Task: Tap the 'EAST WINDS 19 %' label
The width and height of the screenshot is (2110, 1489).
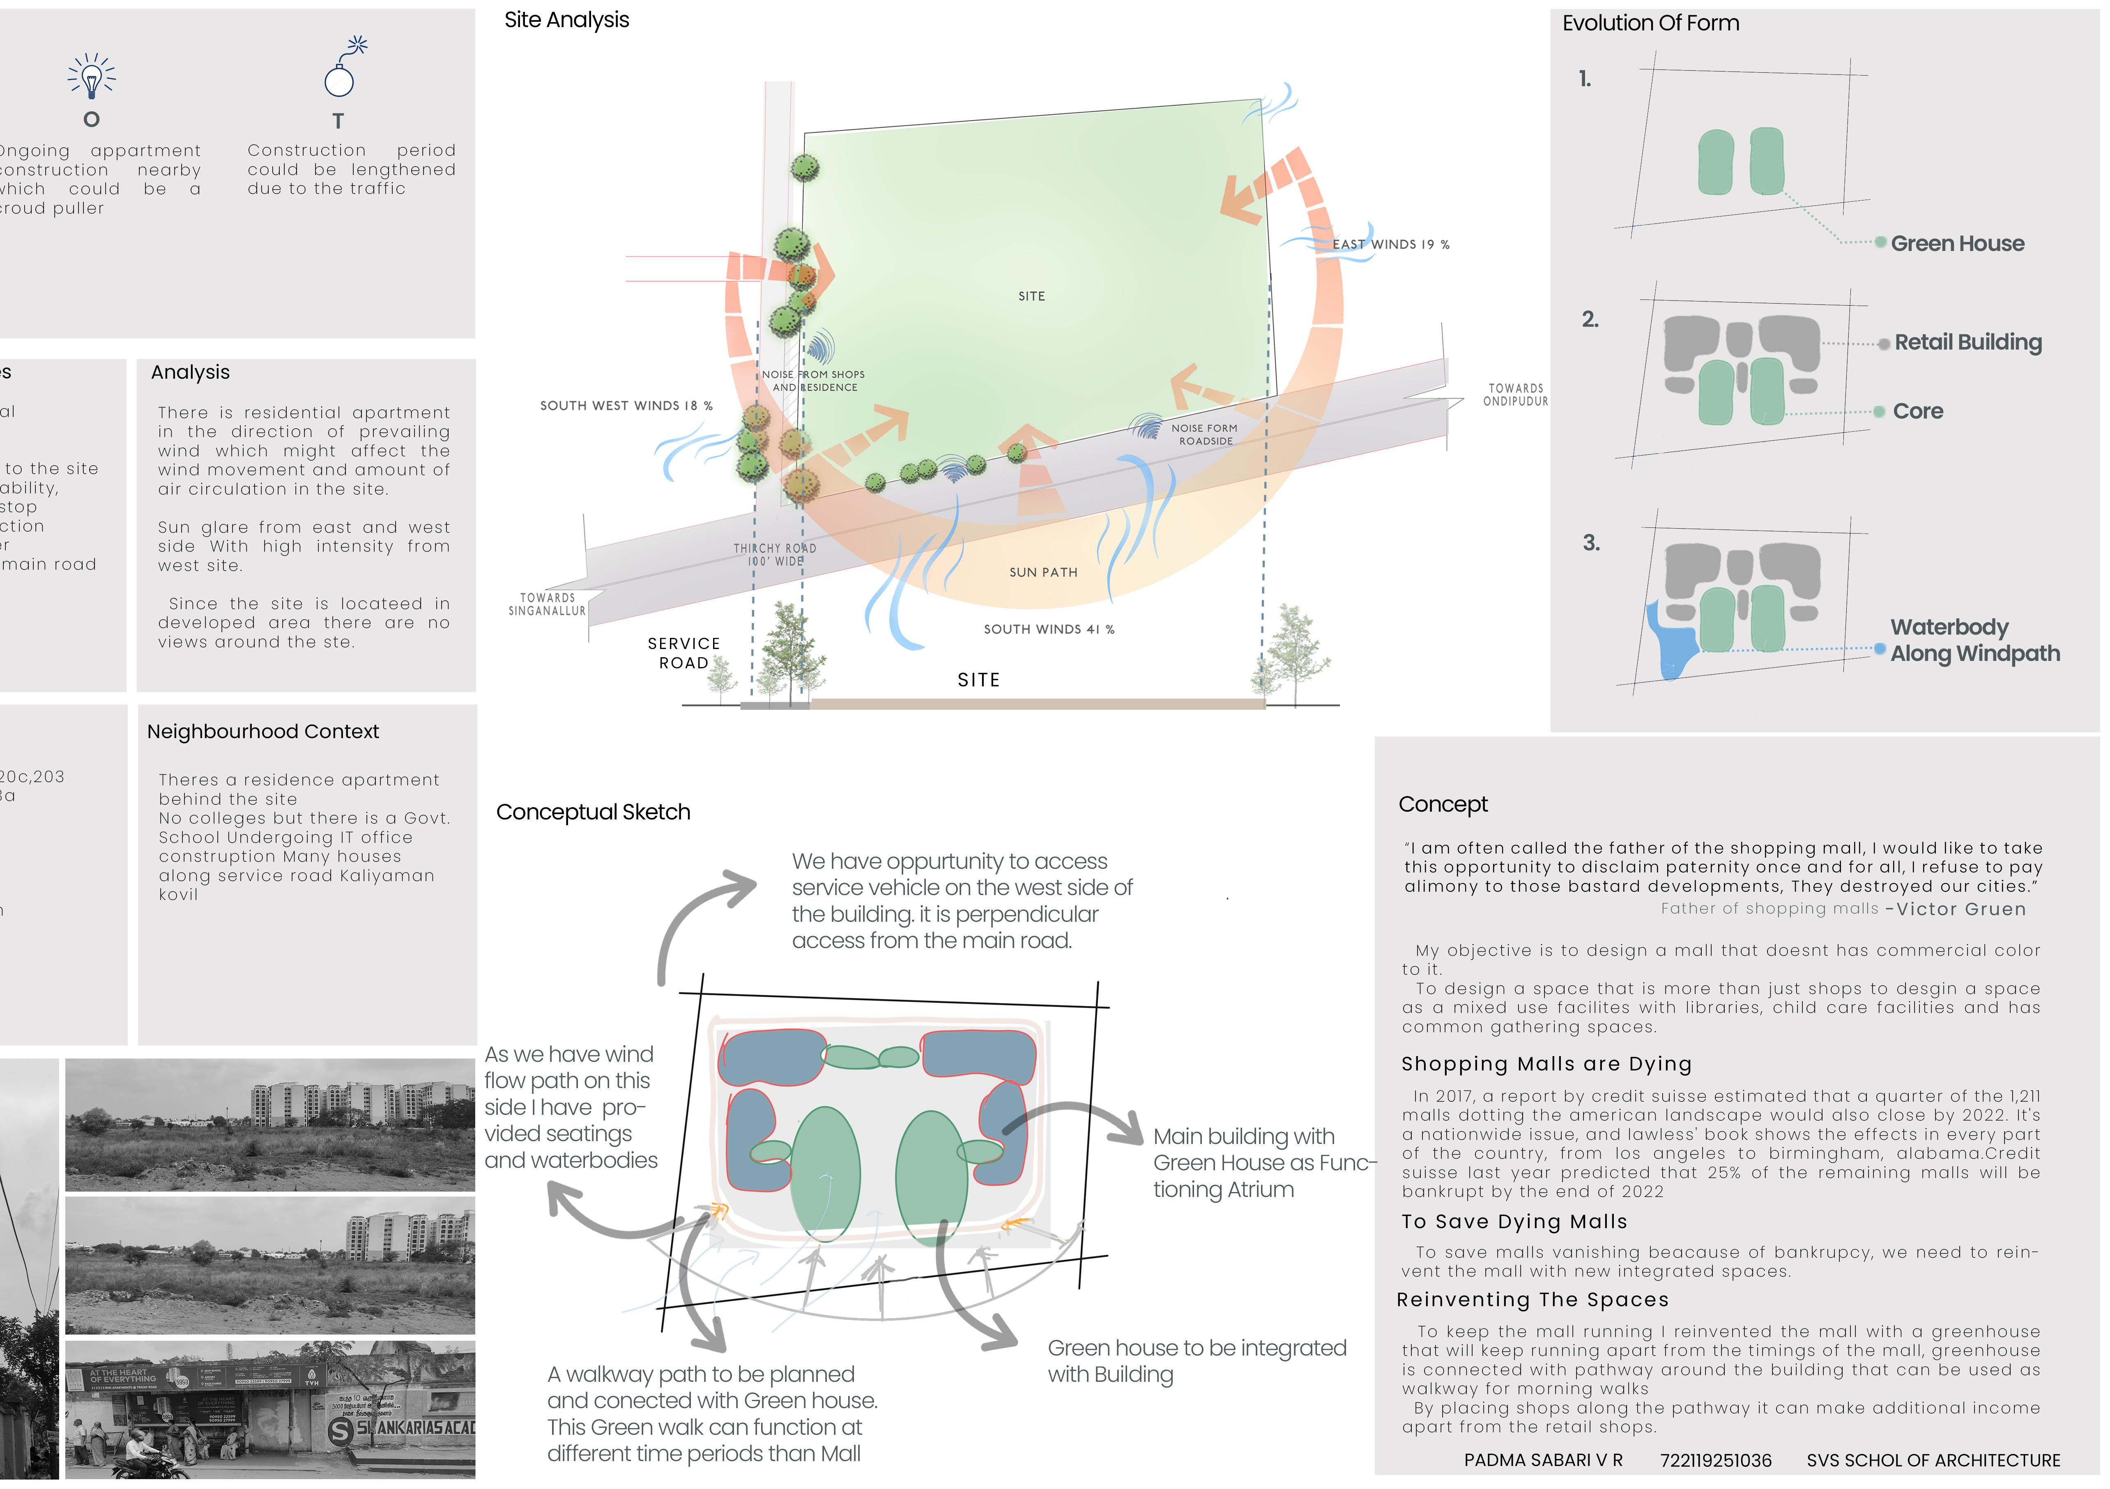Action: [1390, 244]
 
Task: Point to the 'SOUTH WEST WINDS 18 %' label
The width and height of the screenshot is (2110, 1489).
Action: [626, 405]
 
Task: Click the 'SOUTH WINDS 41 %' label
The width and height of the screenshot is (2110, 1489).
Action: [1049, 630]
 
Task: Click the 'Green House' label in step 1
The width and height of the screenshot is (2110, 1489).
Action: [1958, 244]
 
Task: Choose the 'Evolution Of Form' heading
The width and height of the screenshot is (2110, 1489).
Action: [1650, 23]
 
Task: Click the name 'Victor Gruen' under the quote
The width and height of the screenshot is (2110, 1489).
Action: [1961, 909]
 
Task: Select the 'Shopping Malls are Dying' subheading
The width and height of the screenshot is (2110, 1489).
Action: [1546, 1064]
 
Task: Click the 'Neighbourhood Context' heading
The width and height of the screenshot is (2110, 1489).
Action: [263, 732]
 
